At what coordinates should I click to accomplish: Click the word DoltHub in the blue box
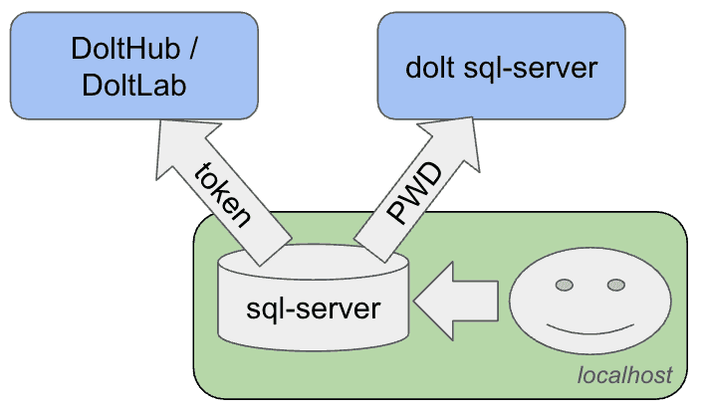125,48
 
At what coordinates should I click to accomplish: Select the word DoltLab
133,85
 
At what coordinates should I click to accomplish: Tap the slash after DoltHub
193,48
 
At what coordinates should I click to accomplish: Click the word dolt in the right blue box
430,68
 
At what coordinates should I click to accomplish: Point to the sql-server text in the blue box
530,69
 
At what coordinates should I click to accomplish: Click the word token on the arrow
222,195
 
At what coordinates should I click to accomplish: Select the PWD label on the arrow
415,192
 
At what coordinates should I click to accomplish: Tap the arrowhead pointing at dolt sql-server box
451,142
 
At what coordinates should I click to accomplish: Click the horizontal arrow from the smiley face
456,301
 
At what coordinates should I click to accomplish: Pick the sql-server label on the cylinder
313,309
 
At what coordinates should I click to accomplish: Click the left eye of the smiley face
565,285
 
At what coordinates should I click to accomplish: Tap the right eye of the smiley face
616,285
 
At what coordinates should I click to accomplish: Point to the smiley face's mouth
590,329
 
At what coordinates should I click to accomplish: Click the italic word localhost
624,375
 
